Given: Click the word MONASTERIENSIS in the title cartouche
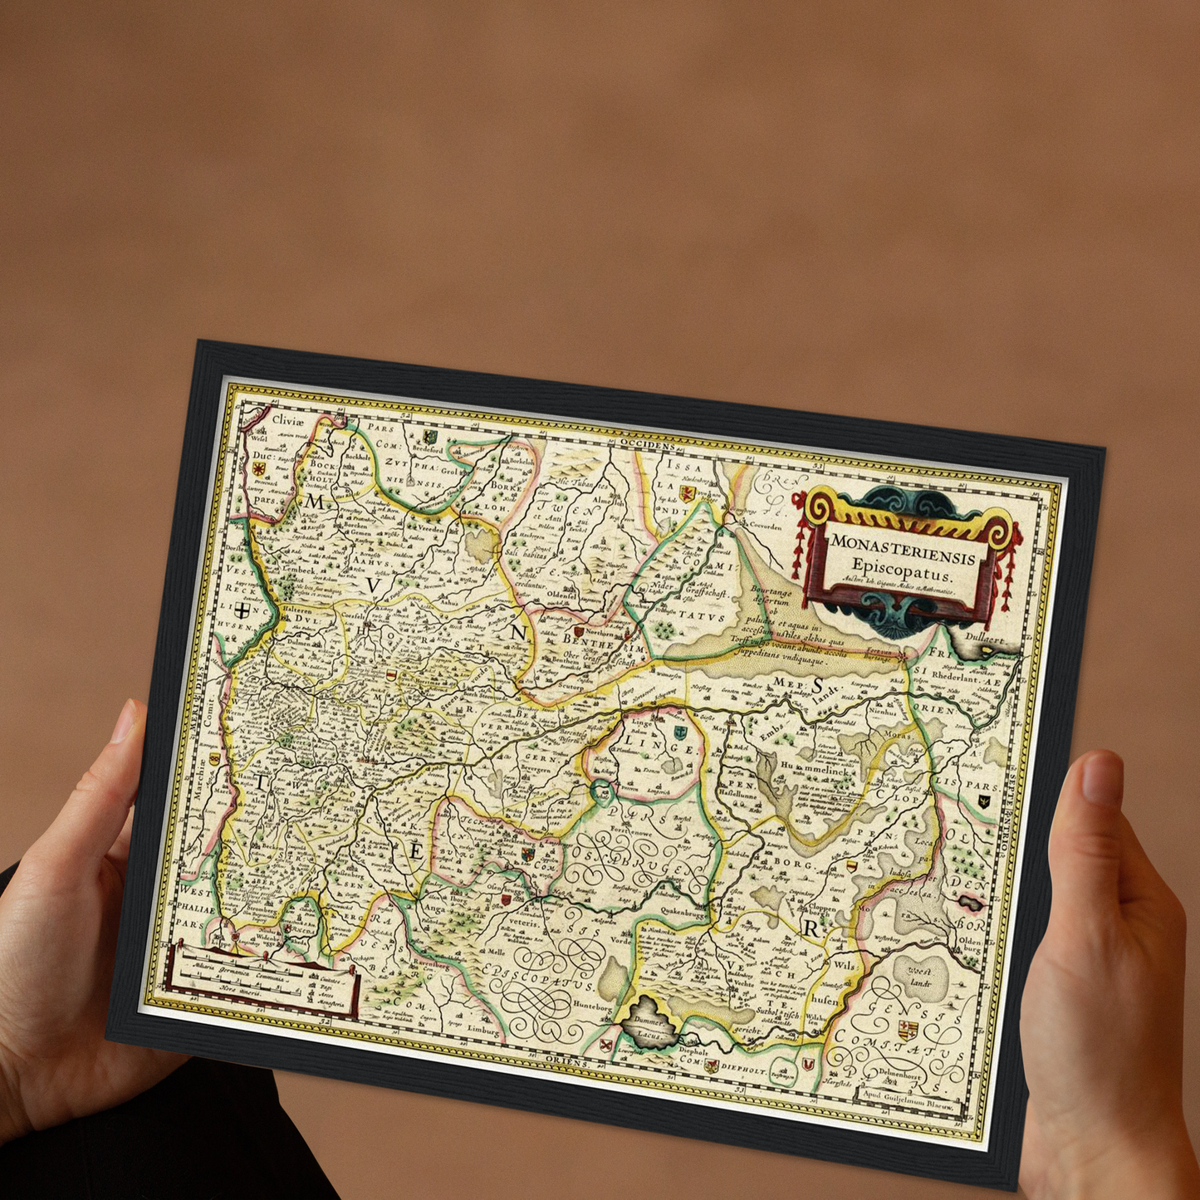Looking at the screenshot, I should pos(904,547).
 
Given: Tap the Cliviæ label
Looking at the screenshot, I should pos(287,421).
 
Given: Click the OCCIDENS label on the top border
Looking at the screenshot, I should pos(646,446).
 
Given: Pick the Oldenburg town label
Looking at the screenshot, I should pos(970,946).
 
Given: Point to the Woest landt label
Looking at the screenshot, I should pos(920,977).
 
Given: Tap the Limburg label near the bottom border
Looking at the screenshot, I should pos(485,1030).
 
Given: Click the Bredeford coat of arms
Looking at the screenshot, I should pos(429,435).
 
